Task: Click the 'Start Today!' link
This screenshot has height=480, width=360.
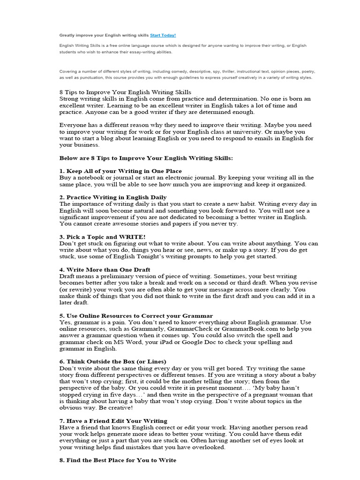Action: tap(163, 35)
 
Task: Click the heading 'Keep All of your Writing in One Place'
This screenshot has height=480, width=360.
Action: tap(120, 171)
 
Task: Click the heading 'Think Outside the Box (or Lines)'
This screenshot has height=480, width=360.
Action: tap(112, 361)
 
